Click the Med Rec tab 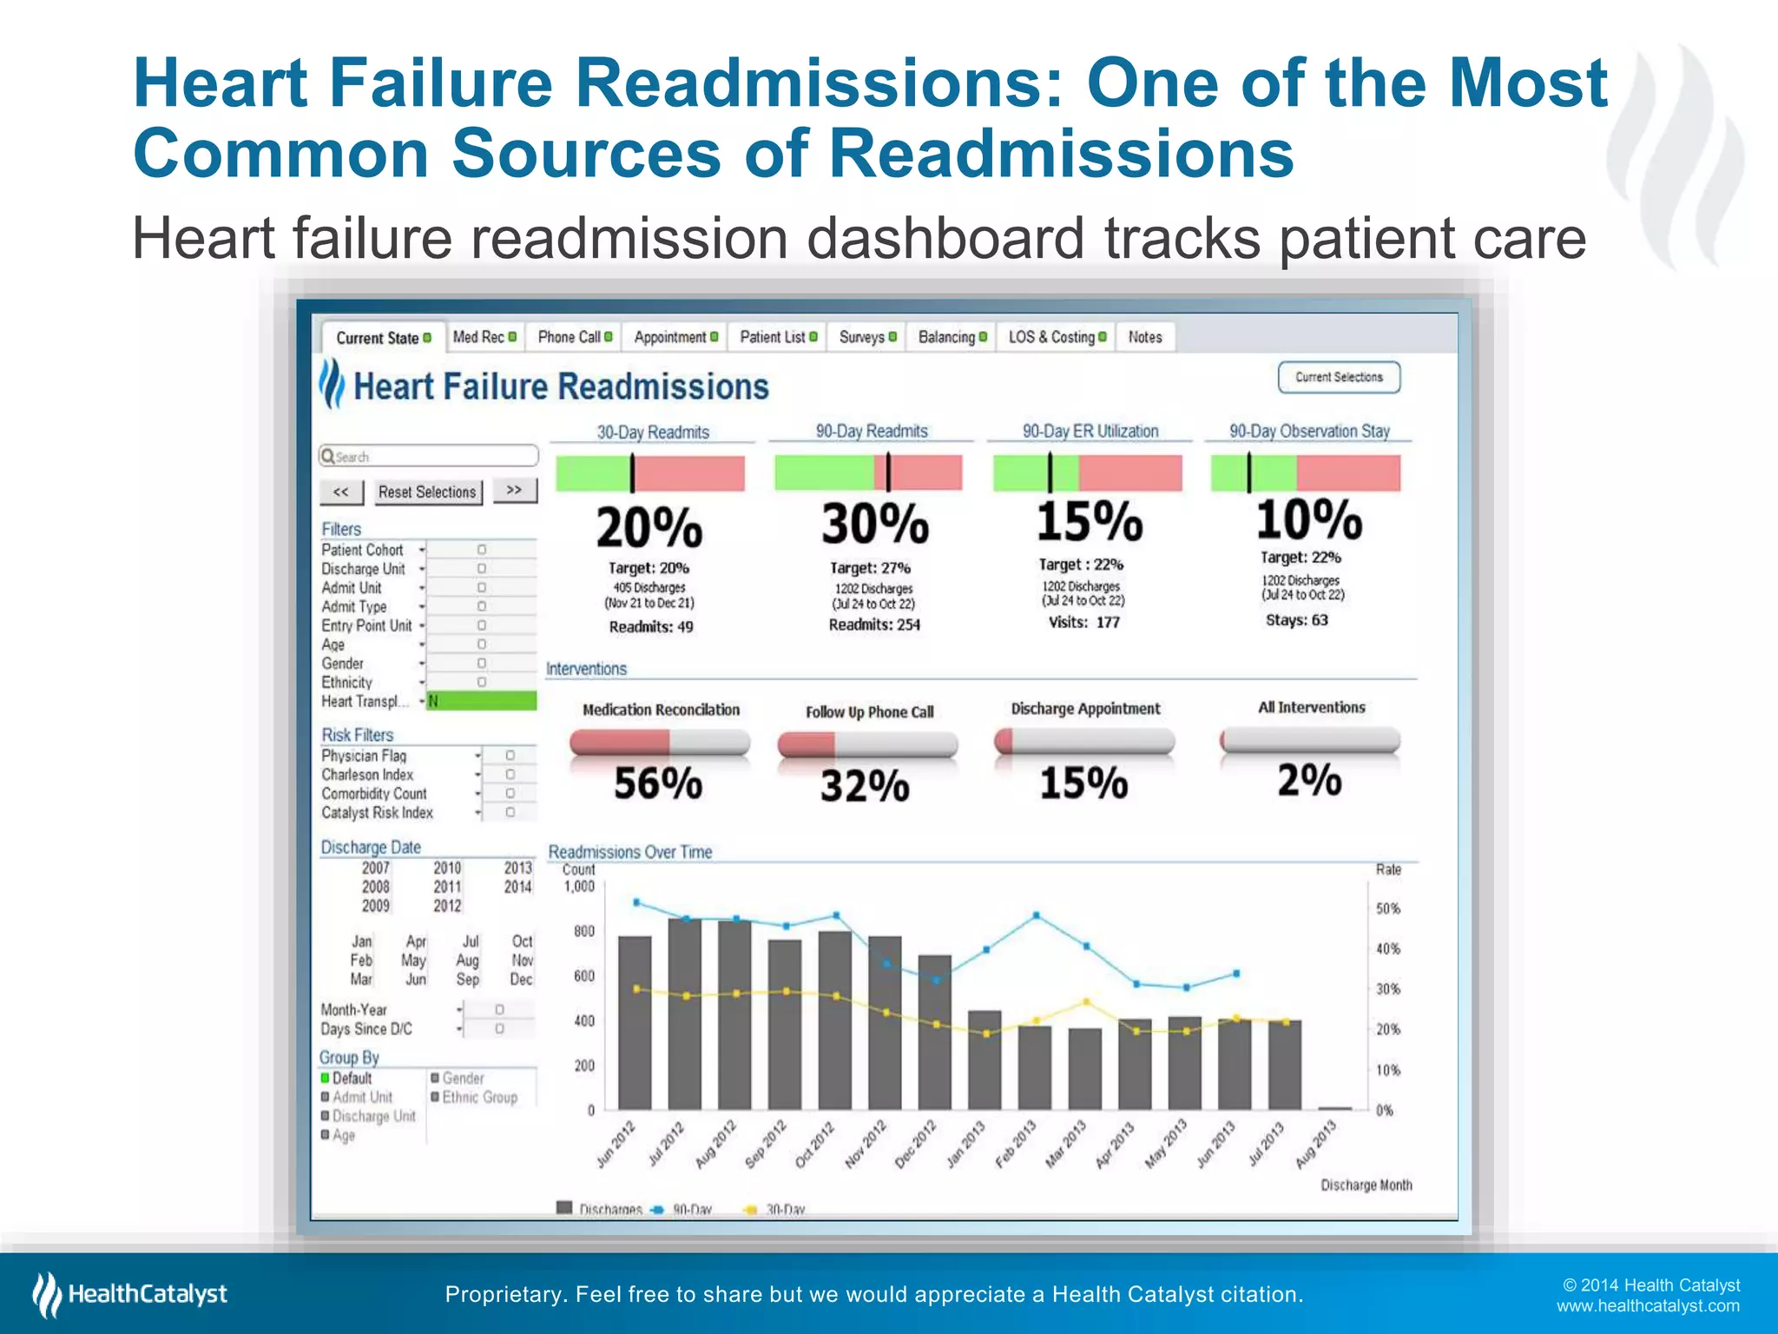(484, 337)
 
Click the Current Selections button (1338, 377)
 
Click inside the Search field (429, 456)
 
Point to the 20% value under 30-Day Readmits (649, 527)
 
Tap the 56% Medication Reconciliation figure (658, 783)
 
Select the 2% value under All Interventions (1309, 780)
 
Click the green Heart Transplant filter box (482, 701)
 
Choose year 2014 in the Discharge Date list (517, 887)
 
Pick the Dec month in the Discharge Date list (521, 979)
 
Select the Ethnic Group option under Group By (479, 1097)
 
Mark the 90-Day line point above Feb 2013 (1037, 915)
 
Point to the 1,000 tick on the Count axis (579, 887)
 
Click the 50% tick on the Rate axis (1387, 908)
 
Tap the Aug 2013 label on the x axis (1317, 1143)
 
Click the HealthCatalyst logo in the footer (130, 1294)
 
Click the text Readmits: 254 (874, 624)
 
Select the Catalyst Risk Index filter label (377, 813)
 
